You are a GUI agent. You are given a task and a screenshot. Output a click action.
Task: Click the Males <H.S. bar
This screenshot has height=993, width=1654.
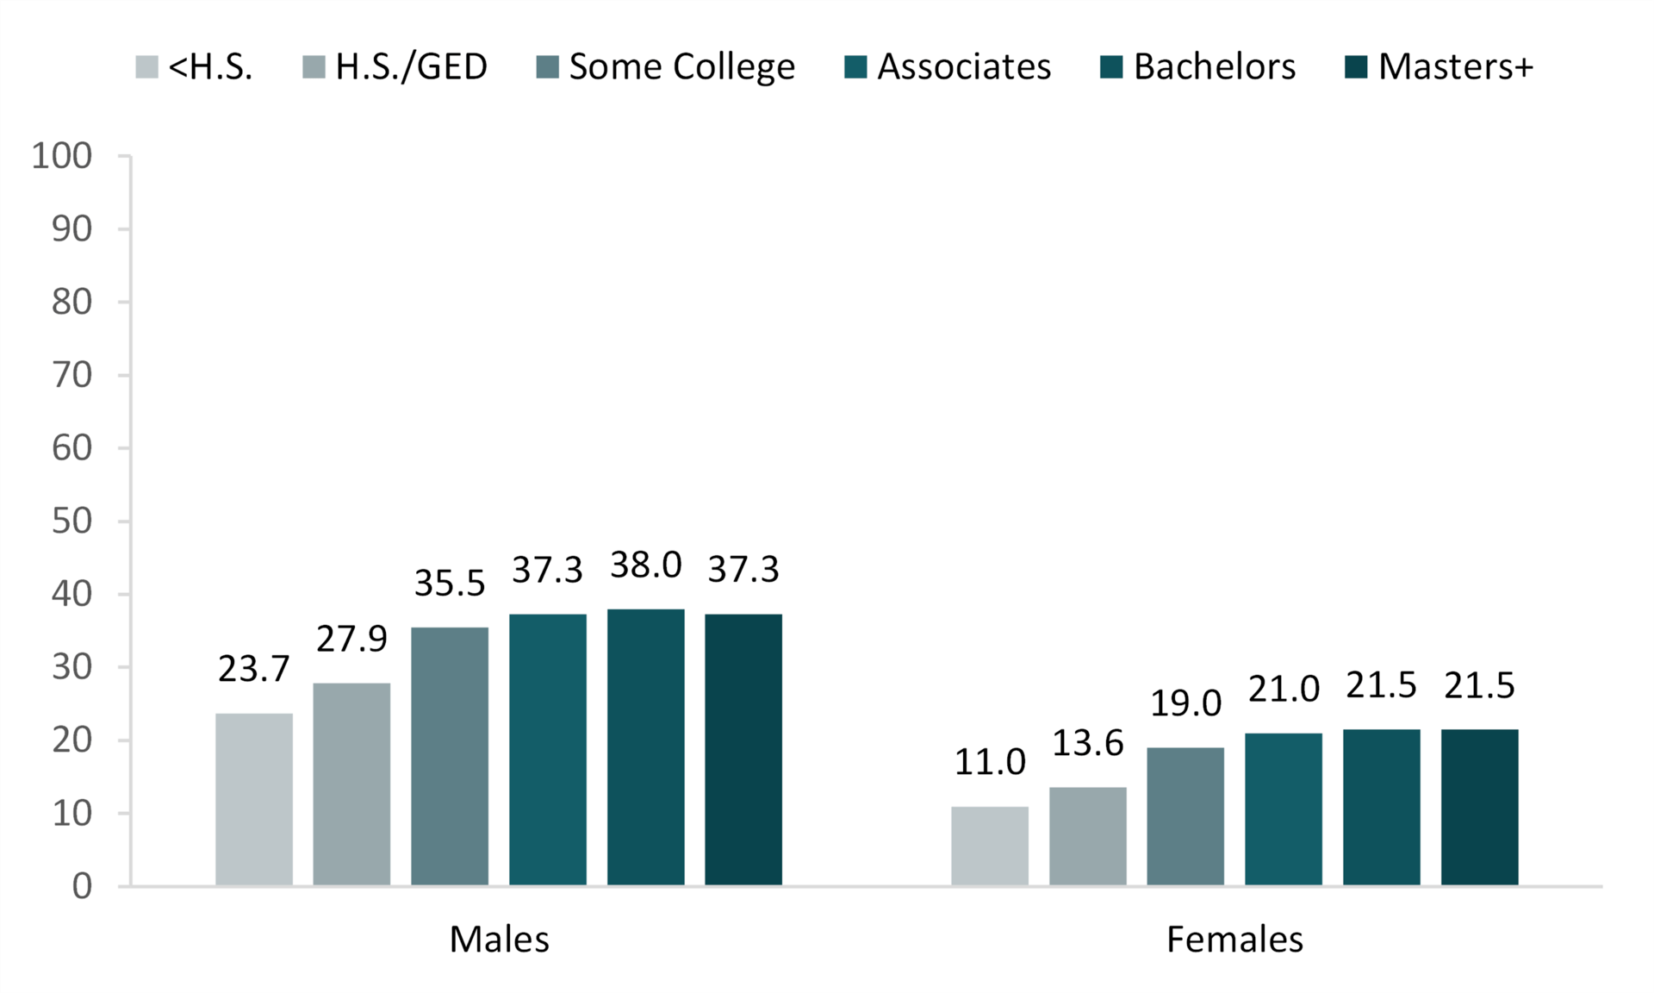(254, 799)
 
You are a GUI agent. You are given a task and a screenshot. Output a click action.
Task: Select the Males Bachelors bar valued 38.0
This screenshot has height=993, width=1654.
(645, 747)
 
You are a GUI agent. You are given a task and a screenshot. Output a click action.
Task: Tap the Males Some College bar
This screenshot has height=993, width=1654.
(450, 756)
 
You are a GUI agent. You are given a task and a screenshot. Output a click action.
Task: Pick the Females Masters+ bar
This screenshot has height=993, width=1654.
(1479, 807)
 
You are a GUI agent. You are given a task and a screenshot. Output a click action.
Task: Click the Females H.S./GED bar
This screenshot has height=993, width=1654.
(1087, 836)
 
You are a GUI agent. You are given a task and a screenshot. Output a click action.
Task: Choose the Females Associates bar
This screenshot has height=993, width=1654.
(1283, 809)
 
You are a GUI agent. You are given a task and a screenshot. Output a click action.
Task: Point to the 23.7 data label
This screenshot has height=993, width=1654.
(254, 669)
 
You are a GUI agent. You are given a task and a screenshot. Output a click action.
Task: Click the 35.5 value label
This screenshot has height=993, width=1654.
(450, 584)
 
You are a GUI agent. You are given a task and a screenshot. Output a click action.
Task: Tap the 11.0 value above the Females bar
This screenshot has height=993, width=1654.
(990, 762)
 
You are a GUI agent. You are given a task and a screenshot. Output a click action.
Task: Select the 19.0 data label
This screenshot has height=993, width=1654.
(1185, 703)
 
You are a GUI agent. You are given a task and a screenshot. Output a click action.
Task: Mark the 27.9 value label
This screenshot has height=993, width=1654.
(351, 639)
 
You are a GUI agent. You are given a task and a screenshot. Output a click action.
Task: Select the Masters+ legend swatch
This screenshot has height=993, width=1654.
(1356, 66)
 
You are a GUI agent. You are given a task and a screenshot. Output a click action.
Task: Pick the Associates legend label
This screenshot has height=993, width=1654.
(964, 66)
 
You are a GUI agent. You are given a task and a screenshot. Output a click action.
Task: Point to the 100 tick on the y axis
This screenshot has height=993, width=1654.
(62, 156)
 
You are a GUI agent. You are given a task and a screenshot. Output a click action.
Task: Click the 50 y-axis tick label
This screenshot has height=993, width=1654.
(72, 521)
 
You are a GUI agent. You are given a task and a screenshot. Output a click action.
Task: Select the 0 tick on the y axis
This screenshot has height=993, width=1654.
(82, 886)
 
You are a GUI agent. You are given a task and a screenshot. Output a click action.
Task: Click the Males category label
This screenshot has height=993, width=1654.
(499, 939)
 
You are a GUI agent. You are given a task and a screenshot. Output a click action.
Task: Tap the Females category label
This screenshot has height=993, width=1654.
(1234, 939)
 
